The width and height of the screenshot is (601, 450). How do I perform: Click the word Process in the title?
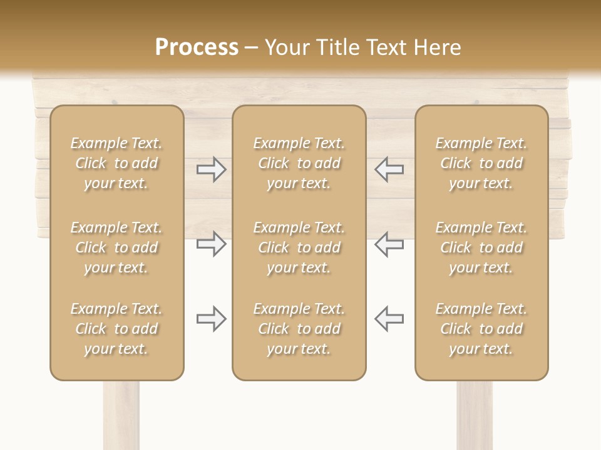pyautogui.click(x=197, y=47)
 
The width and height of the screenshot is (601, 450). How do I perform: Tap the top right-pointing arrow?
pyautogui.click(x=212, y=169)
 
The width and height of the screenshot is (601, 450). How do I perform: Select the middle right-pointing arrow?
pyautogui.click(x=212, y=244)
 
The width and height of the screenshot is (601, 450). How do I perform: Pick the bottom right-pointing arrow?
pyautogui.click(x=212, y=319)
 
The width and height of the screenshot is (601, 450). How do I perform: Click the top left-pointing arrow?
pyautogui.click(x=389, y=169)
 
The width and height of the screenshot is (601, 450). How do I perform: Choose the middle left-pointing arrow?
pyautogui.click(x=389, y=244)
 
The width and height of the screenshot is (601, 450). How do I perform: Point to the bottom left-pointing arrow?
pyautogui.click(x=389, y=319)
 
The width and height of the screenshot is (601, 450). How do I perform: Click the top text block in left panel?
pyautogui.click(x=116, y=163)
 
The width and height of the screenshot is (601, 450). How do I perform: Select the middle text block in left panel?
pyautogui.click(x=116, y=247)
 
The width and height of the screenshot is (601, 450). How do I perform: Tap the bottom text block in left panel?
pyautogui.click(x=116, y=329)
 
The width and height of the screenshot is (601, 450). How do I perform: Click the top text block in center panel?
pyautogui.click(x=299, y=163)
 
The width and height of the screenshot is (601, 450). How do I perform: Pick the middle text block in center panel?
pyautogui.click(x=299, y=247)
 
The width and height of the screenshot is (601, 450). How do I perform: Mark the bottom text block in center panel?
pyautogui.click(x=299, y=329)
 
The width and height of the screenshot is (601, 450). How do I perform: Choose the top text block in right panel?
pyautogui.click(x=481, y=163)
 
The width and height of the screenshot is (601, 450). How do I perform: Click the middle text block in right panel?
pyautogui.click(x=481, y=247)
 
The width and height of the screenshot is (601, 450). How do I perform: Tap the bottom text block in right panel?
pyautogui.click(x=481, y=329)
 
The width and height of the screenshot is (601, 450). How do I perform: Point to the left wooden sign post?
pyautogui.click(x=121, y=416)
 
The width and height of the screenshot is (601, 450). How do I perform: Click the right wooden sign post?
pyautogui.click(x=475, y=416)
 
